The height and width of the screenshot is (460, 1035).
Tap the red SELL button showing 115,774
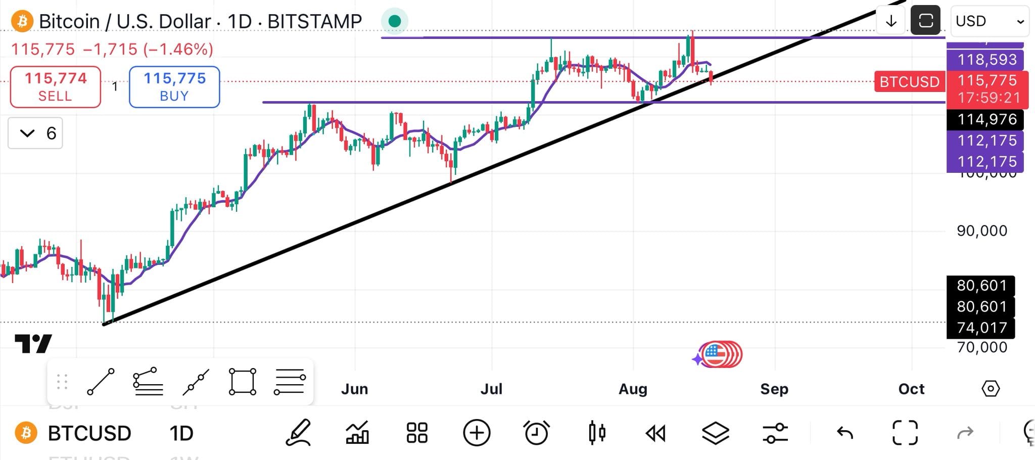click(x=56, y=87)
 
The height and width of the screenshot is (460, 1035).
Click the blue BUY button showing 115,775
click(x=174, y=87)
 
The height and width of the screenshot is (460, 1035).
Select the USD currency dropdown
click(x=989, y=21)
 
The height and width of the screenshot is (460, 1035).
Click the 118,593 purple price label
click(x=985, y=60)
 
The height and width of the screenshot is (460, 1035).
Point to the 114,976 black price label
click(x=985, y=119)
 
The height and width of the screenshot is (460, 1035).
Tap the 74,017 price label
click(x=981, y=328)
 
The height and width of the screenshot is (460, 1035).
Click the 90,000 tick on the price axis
click(x=981, y=231)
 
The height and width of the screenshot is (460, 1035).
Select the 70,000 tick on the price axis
click(x=981, y=347)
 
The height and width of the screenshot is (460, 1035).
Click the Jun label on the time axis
click(x=354, y=389)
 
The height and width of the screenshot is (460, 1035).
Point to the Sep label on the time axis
click(x=774, y=389)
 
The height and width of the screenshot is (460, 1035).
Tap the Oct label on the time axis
click(x=911, y=389)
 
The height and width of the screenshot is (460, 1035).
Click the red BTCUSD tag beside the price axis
click(x=909, y=82)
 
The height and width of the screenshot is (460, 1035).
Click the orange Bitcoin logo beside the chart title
click(x=22, y=21)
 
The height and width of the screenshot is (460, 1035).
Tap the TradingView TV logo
click(x=33, y=344)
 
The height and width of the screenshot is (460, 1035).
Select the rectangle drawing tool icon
click(x=243, y=382)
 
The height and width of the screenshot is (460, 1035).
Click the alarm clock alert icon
click(x=536, y=433)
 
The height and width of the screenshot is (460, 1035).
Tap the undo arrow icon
click(x=844, y=433)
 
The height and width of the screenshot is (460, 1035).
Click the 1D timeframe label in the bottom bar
click(x=181, y=433)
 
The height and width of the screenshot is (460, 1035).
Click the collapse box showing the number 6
click(x=35, y=133)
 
